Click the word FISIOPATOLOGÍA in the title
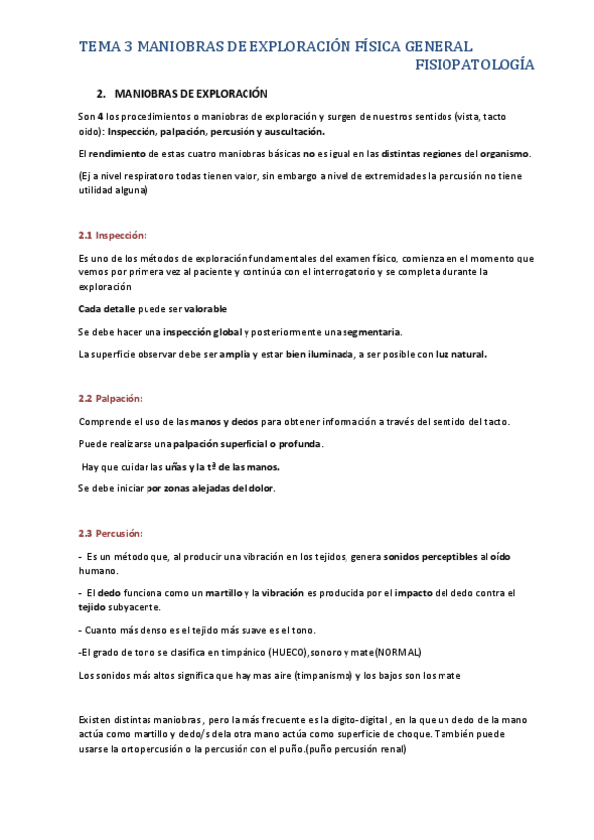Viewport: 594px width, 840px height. tap(473, 65)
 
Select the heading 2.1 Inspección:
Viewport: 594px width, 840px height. tap(112, 235)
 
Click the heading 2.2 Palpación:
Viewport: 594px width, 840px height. tap(112, 399)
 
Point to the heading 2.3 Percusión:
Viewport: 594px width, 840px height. tap(111, 533)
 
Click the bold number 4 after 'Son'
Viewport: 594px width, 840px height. tap(100, 116)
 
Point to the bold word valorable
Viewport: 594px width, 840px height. tap(205, 309)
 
